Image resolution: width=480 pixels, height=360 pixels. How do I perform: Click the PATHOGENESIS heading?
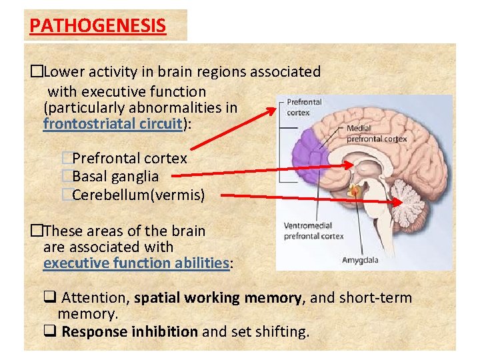97,26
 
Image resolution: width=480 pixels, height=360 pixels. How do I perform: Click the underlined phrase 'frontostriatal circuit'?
113,123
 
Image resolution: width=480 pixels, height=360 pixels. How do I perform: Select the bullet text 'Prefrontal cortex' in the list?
129,159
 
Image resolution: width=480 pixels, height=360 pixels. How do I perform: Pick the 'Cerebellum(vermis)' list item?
138,195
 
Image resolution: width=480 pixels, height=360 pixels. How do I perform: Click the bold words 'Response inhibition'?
129,331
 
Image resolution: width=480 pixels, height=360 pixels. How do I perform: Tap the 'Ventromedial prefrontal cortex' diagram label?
313,231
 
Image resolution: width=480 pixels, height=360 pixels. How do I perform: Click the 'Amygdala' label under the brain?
360,259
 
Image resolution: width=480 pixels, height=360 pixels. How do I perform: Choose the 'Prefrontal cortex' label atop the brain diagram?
304,107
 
